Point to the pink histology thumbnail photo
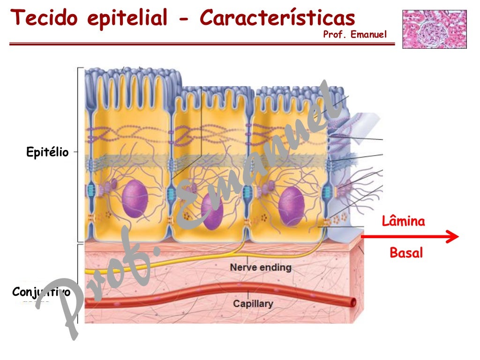(434, 29)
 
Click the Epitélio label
(47, 152)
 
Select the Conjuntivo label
(41, 292)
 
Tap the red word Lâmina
(404, 221)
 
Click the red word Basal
(406, 253)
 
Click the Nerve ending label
(261, 268)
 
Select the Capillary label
(253, 304)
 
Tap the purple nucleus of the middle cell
(212, 211)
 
